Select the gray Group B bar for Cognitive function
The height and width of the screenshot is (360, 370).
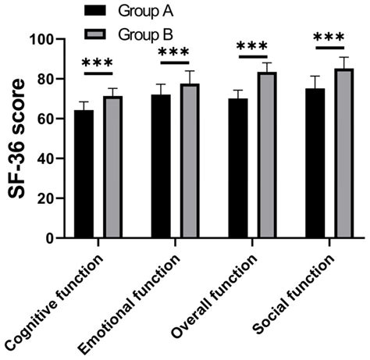(x=113, y=167)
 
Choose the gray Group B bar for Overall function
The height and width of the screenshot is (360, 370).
(x=267, y=155)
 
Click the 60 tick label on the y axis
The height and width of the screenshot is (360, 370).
(x=52, y=119)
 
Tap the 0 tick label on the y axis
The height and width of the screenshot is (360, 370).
(x=56, y=237)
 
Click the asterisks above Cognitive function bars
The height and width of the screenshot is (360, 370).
(x=98, y=62)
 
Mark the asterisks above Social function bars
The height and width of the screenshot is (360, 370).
(x=329, y=38)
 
